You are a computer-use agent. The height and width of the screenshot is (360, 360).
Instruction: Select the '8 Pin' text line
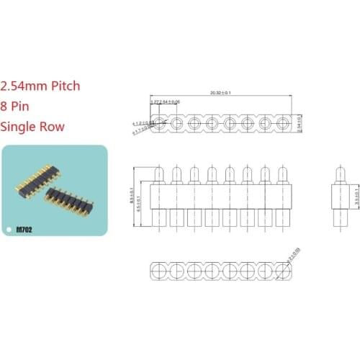(22, 106)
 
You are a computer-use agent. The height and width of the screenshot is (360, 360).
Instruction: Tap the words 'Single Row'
(33, 127)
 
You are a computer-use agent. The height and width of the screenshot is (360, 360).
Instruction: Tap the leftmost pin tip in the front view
(158, 174)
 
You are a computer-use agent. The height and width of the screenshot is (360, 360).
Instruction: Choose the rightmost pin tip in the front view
(282, 174)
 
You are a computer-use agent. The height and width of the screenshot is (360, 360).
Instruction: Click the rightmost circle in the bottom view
(282, 271)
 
